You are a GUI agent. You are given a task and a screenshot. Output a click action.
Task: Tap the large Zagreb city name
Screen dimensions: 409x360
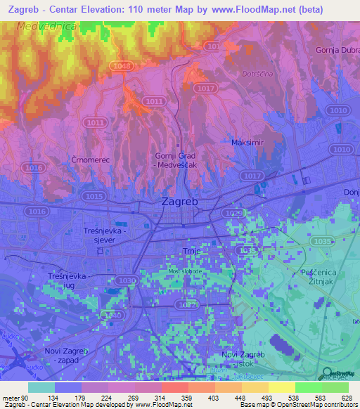pyautogui.click(x=180, y=202)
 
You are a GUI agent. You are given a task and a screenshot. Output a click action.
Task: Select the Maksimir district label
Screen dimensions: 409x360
pyautogui.click(x=247, y=143)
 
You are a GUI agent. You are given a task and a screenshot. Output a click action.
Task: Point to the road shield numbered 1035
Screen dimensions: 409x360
pyautogui.click(x=323, y=241)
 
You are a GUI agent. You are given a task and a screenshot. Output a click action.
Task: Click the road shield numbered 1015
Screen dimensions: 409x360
pyautogui.click(x=94, y=196)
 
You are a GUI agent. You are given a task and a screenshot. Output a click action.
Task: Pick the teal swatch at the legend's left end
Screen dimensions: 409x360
pyautogui.click(x=41, y=387)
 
